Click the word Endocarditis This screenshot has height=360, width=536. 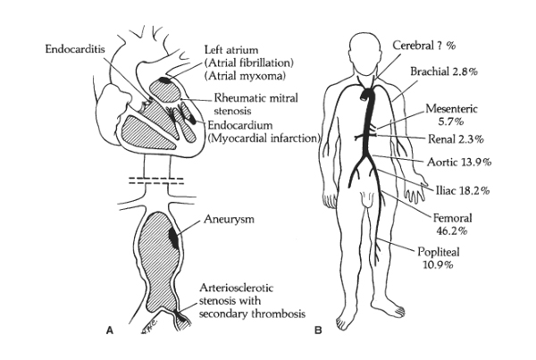(x=75, y=49)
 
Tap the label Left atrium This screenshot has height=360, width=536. (x=231, y=50)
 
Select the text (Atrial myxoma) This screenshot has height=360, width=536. (x=245, y=76)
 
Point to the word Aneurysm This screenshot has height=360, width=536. (x=229, y=219)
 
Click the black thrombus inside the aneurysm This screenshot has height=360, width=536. (x=174, y=237)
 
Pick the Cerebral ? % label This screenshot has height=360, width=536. (x=424, y=46)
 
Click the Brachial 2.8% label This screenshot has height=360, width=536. (x=444, y=71)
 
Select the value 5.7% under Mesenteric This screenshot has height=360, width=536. (x=450, y=121)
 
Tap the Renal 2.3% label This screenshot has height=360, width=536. (x=456, y=139)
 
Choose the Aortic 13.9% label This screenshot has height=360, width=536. (x=459, y=162)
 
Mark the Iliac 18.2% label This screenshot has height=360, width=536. (x=463, y=190)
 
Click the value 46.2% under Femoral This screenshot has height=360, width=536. (x=452, y=231)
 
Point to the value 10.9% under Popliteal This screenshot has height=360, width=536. (x=439, y=265)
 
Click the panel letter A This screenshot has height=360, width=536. (x=109, y=331)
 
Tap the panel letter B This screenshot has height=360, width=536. (x=318, y=331)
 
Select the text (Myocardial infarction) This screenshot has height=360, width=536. (x=264, y=138)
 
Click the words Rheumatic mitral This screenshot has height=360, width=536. (x=256, y=98)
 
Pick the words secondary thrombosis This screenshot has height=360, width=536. (x=252, y=314)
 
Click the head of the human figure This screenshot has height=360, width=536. (x=365, y=51)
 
